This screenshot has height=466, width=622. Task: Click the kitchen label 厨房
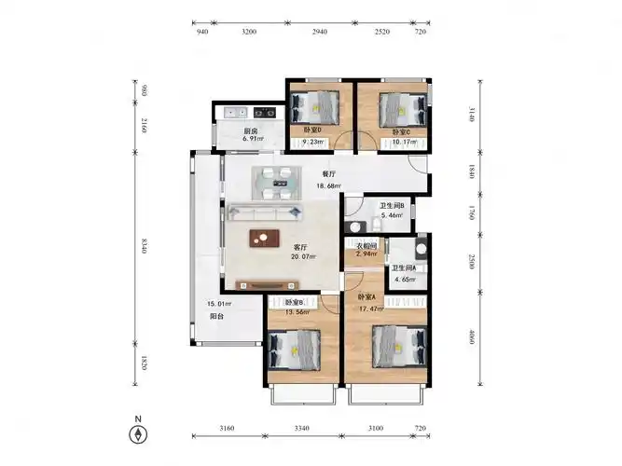click(x=251, y=131)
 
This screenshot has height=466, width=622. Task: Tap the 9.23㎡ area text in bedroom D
click(x=312, y=142)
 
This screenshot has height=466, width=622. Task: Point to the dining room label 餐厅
click(x=328, y=174)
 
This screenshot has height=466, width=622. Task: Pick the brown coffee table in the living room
click(x=264, y=239)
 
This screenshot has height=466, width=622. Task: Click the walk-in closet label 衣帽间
click(x=367, y=244)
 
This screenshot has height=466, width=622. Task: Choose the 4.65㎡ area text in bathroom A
click(x=403, y=279)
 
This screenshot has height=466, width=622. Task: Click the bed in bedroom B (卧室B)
click(x=296, y=347)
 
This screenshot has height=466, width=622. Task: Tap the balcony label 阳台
click(x=215, y=317)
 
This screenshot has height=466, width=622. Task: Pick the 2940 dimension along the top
click(x=319, y=32)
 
